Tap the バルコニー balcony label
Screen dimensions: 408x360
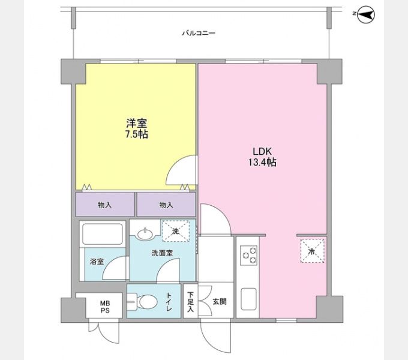pos(199,33)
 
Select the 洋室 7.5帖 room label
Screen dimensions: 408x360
pos(137,128)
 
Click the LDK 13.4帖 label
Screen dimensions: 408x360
pos(262,157)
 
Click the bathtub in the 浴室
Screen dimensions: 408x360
pos(103,234)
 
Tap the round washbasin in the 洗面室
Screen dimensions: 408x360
pos(146,234)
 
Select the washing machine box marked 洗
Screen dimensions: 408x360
pos(176,231)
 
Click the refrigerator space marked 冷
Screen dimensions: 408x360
pos(312,251)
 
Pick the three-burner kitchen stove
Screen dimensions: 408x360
pos(249,255)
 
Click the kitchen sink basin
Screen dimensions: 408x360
pos(249,299)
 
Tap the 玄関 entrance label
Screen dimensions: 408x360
pos(220,302)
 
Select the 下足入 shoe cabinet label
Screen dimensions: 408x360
pos(191,302)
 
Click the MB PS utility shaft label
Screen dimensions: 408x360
pos(105,307)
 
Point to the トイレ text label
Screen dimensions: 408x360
pos(169,302)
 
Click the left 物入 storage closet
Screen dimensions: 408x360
pos(105,205)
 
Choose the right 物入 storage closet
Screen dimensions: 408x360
pos(166,205)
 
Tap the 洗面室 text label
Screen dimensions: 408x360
pos(163,253)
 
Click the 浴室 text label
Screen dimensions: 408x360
pos(97,262)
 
